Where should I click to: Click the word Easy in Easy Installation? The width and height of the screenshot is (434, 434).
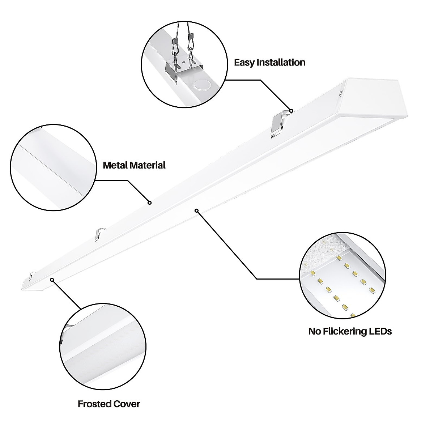244,63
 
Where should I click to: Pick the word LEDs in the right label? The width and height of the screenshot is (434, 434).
380,331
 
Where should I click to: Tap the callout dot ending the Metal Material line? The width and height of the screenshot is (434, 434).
149,203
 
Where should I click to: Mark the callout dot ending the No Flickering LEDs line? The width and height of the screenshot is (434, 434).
197,210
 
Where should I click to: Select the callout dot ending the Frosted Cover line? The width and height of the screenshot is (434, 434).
52,280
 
